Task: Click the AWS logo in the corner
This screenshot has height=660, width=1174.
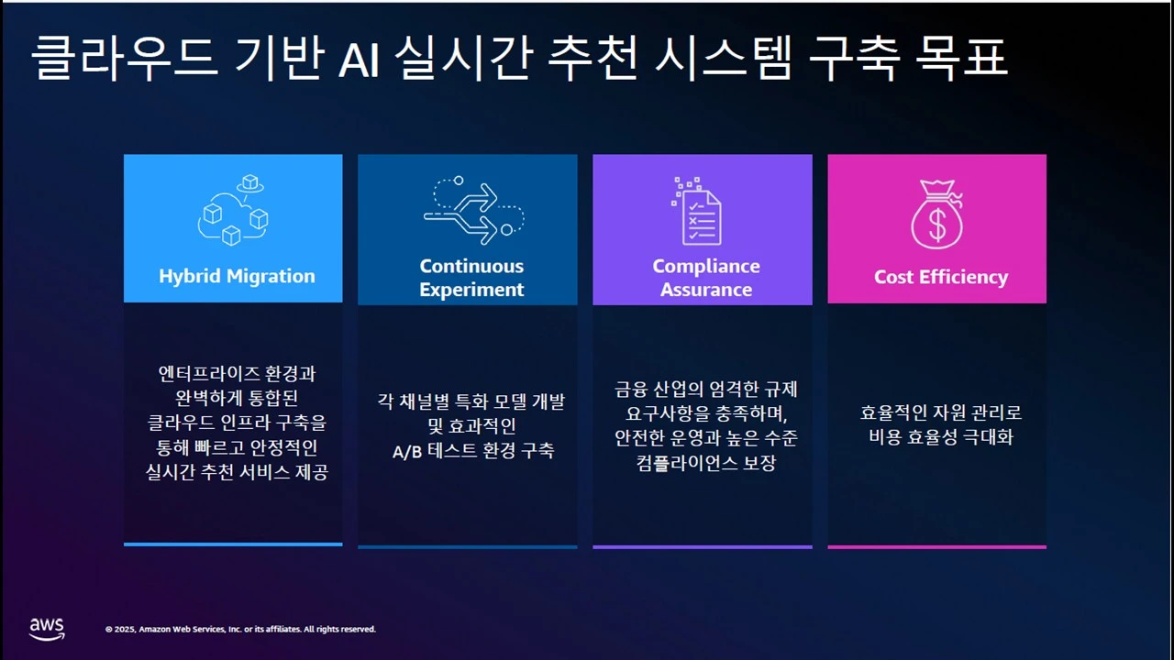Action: point(47,628)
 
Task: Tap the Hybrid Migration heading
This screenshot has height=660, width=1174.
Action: point(237,276)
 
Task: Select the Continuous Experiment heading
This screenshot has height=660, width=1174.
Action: point(471,278)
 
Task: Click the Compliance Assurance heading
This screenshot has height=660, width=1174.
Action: point(705,278)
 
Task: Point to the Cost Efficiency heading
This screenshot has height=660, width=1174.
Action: point(940,277)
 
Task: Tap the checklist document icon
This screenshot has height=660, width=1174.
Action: point(699,212)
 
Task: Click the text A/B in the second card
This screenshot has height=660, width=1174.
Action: point(405,451)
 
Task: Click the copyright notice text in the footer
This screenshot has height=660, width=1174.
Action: point(240,629)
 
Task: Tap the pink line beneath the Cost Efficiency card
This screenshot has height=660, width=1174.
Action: point(936,546)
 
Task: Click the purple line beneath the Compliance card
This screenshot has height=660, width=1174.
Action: point(702,546)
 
